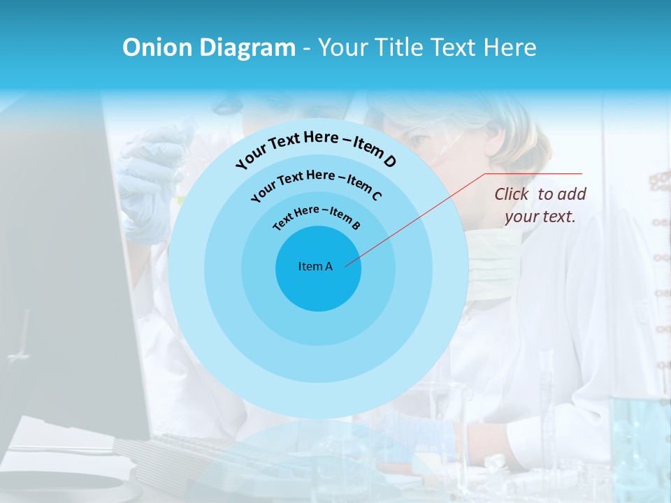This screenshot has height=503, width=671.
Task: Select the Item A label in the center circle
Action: tap(315, 266)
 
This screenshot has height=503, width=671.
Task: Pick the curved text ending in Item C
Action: tap(316, 181)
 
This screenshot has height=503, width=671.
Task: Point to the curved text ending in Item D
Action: tap(316, 148)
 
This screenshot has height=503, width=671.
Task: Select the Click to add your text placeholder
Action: tap(540, 205)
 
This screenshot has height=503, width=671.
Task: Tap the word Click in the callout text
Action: tap(512, 194)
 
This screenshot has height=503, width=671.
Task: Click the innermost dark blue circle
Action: tap(318, 286)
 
